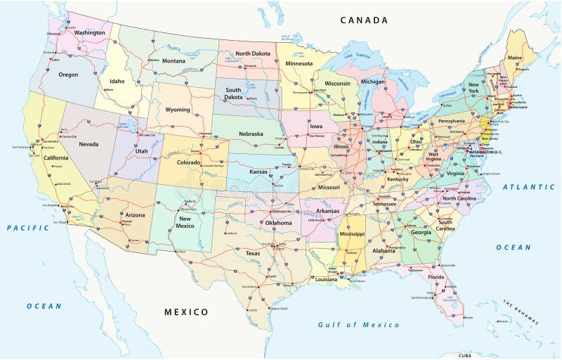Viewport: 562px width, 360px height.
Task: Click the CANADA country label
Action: click(364, 20)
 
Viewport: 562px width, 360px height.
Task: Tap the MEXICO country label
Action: click(186, 311)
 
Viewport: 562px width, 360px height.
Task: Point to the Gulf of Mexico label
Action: click(358, 325)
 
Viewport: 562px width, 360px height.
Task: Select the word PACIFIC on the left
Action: click(28, 228)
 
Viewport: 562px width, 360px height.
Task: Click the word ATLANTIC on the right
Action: click(528, 187)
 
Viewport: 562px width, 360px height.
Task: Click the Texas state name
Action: click(253, 253)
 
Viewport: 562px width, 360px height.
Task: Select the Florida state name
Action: click(436, 277)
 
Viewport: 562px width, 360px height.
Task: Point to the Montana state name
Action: click(174, 61)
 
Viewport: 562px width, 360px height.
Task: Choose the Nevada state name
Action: click(89, 144)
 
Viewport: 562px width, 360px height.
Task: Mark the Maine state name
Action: click(514, 58)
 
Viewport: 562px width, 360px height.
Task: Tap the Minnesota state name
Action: click(299, 63)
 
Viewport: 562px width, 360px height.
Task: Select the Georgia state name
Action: click(421, 232)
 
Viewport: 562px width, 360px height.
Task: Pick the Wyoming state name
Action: click(177, 110)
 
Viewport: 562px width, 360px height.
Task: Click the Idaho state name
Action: click(116, 81)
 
